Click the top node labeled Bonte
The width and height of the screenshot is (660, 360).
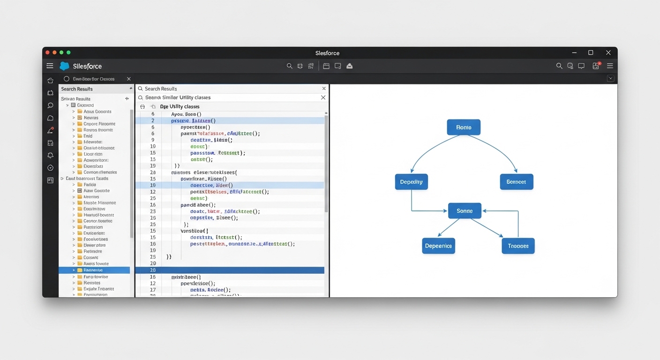464,127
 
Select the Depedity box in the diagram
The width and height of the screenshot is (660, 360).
412,182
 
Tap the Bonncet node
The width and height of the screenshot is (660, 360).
516,182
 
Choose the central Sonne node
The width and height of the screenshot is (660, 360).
464,211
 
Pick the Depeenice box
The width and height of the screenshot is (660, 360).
438,246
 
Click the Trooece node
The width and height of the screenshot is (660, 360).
518,246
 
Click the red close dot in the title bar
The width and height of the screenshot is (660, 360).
47,52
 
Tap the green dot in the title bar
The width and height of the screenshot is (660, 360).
68,52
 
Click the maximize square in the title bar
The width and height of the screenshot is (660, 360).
591,52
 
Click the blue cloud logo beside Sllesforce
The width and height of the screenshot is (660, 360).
65,66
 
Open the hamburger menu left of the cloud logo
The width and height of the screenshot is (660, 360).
50,66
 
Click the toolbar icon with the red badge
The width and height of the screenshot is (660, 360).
596,66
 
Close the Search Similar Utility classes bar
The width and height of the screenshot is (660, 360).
323,97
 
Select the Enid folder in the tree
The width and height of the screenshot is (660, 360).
88,136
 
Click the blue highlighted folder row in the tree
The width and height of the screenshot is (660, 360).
94,270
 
